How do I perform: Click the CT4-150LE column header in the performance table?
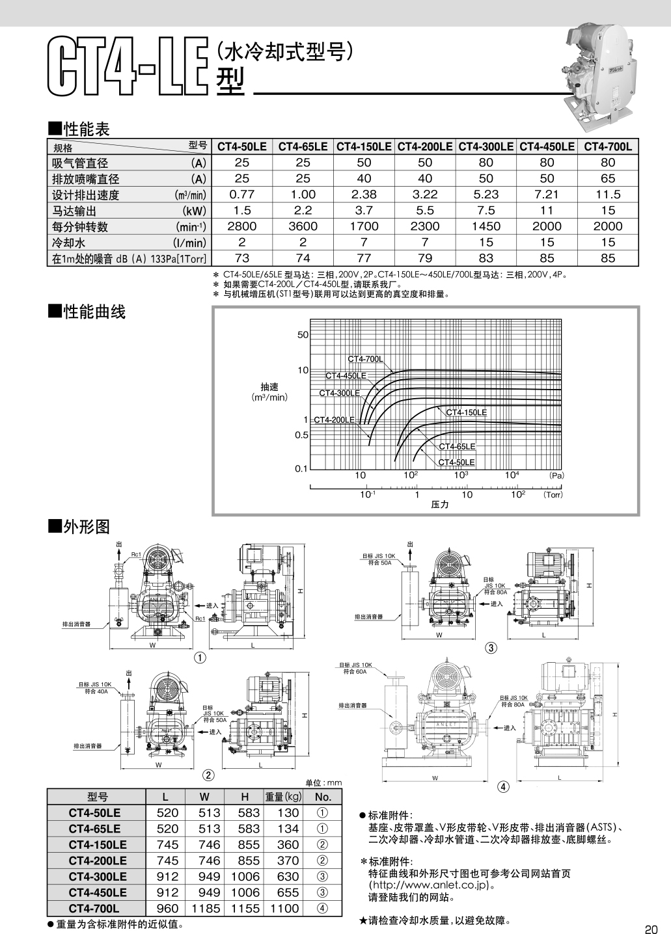tap(364, 147)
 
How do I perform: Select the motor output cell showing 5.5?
tap(425, 210)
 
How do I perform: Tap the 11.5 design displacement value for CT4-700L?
tap(608, 194)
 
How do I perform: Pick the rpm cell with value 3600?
tap(303, 226)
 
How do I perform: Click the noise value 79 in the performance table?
tap(425, 258)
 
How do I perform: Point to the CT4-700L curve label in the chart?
tap(364, 359)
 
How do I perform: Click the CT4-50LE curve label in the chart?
tap(456, 462)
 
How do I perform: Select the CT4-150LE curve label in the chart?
tap(466, 412)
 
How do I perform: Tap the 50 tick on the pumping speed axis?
tap(303, 335)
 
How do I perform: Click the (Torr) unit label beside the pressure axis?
tap(553, 495)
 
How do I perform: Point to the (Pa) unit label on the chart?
tap(556, 476)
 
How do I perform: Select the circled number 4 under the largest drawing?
tap(503, 786)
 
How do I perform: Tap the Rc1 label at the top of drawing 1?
tap(136, 554)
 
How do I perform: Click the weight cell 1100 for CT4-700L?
tap(285, 909)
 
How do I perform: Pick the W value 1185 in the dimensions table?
tap(205, 909)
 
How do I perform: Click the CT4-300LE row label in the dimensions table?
tap(98, 877)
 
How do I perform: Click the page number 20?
tap(652, 928)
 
